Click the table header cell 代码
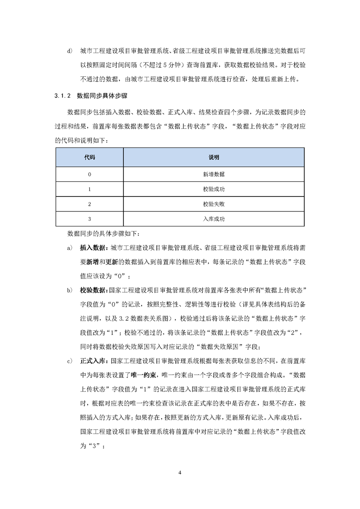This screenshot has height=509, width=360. coord(89,157)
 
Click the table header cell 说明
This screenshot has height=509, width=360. coord(214,157)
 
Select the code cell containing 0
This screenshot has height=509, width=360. coord(89,174)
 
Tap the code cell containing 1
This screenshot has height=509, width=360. coord(89,189)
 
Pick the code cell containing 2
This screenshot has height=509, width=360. coord(89,204)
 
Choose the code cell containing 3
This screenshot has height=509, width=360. coord(89,219)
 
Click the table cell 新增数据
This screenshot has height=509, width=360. coord(214,174)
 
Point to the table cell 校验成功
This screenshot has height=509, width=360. coord(214,189)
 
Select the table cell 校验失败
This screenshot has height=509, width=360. coord(214,204)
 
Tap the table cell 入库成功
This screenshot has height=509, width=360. coord(214,219)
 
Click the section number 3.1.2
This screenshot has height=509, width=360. coord(61,96)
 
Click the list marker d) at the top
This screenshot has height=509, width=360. coord(69,50)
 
